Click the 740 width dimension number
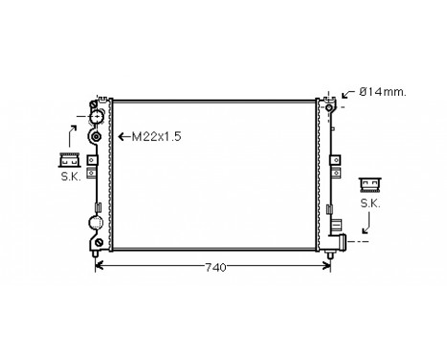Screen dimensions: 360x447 [215, 267]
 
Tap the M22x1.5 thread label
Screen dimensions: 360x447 [155, 137]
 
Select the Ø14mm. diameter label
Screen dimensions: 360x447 [382, 94]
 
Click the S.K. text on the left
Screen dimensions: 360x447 [69, 175]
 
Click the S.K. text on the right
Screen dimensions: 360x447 [369, 203]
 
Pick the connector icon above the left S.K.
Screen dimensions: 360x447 [69, 159]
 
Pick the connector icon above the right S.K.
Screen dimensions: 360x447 [369, 186]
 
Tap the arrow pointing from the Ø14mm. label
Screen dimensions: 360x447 [346, 94]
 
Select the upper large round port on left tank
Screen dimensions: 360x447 [96, 118]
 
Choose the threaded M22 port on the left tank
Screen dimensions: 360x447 [96, 138]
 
